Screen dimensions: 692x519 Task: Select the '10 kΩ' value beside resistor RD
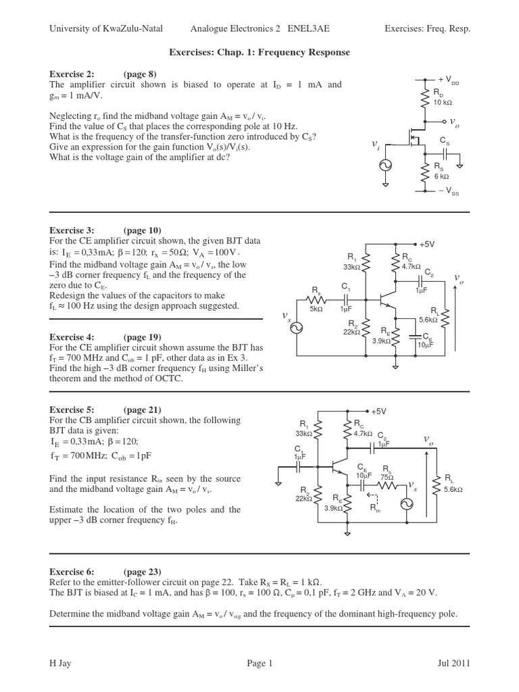point(443,102)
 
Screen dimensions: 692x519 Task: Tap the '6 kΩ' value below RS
point(441,176)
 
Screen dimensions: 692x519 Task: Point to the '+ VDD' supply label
point(448,80)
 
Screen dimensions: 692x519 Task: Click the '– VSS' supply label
point(447,192)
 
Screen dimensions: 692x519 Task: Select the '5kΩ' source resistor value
point(316,309)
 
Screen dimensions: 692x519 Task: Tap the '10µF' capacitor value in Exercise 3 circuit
point(425,345)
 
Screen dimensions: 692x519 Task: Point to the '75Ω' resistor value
point(387,476)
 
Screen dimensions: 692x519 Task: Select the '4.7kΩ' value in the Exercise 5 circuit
point(362,434)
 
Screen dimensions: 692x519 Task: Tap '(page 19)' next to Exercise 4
point(142,337)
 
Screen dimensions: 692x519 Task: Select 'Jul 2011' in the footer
point(452,664)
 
